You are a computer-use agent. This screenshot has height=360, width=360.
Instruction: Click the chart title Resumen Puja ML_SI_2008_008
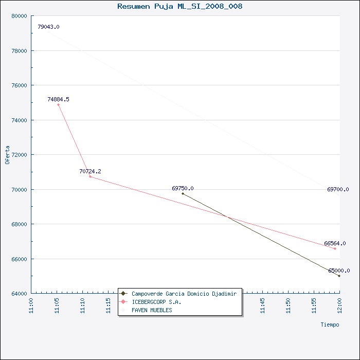(x=180, y=6)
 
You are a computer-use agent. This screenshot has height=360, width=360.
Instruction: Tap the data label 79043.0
(x=48, y=27)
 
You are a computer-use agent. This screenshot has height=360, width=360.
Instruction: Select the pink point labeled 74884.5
(x=58, y=105)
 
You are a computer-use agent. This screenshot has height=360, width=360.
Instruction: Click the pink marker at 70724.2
(x=90, y=176)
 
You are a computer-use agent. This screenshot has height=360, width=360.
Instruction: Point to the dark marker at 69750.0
(x=183, y=193)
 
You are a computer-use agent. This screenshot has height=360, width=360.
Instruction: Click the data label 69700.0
(x=338, y=189)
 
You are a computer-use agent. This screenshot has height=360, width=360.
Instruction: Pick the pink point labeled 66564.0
(x=335, y=248)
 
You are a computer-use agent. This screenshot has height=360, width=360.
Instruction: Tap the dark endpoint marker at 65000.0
(x=339, y=276)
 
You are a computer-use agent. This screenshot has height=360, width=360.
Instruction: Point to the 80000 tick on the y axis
(x=20, y=16)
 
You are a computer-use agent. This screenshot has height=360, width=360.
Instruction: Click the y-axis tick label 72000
(x=20, y=155)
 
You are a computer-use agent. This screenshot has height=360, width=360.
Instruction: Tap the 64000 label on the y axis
(x=20, y=294)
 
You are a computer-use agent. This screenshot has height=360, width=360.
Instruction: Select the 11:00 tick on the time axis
(x=31, y=305)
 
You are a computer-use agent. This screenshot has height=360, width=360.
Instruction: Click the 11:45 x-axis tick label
(x=263, y=305)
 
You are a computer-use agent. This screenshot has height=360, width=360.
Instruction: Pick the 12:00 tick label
(x=340, y=305)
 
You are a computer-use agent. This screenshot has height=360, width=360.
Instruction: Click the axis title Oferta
(x=7, y=155)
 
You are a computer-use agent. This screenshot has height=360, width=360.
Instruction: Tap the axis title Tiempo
(x=330, y=325)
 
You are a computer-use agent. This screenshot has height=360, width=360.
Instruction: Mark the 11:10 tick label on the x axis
(x=83, y=305)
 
